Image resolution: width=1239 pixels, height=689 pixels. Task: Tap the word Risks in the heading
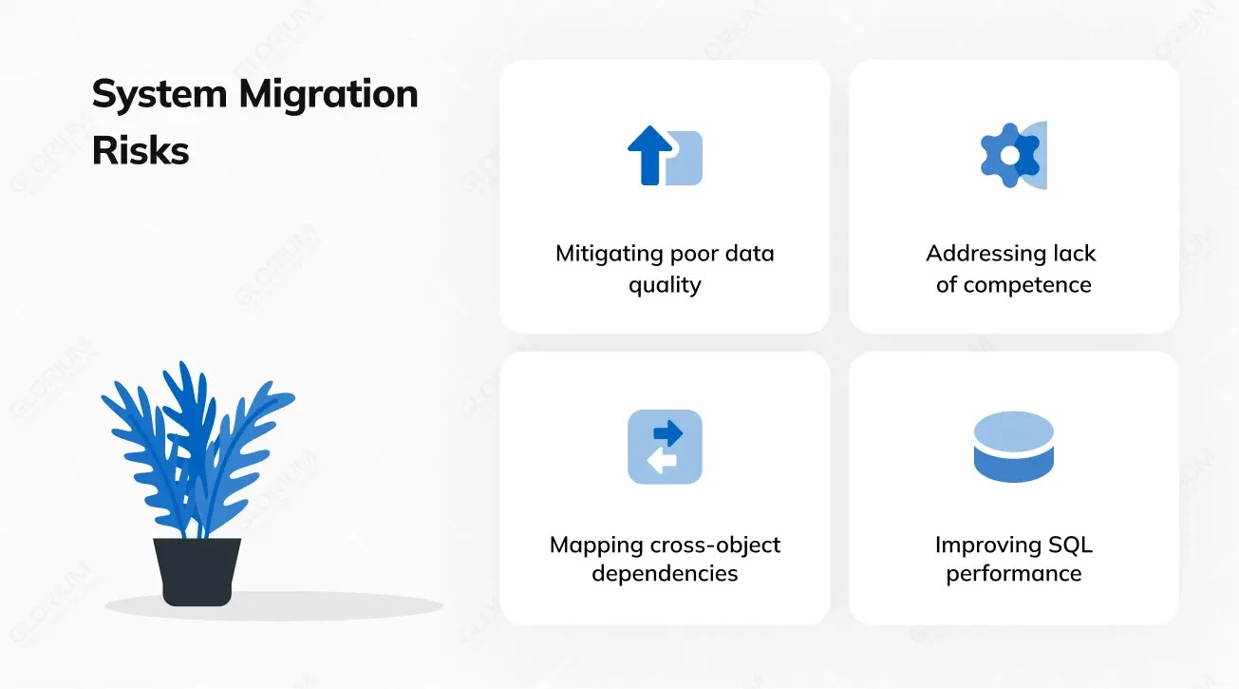(x=141, y=150)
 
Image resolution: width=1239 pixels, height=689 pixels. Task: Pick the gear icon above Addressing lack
(x=1008, y=155)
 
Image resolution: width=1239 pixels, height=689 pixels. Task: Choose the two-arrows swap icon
(x=665, y=447)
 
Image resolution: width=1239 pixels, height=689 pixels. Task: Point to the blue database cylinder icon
(x=1014, y=447)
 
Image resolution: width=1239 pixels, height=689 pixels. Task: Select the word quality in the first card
(x=665, y=285)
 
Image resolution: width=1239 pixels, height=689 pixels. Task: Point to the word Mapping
(x=596, y=545)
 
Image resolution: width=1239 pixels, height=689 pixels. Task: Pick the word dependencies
(x=665, y=574)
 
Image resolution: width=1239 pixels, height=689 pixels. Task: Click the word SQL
(x=1070, y=545)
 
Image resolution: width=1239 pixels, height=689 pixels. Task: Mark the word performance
(x=1014, y=574)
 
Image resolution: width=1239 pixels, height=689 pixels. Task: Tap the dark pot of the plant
(x=197, y=570)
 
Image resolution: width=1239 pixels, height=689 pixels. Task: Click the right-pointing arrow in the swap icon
(x=668, y=434)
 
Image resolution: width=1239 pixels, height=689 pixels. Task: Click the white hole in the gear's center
(x=1009, y=155)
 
